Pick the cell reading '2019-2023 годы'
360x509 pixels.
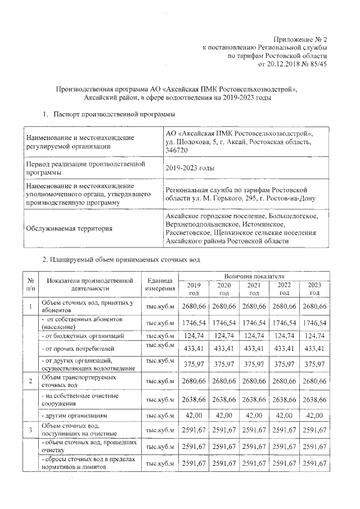(x=190, y=168)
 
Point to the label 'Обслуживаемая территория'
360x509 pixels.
(x=66, y=228)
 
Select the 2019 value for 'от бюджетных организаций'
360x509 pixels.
(x=193, y=335)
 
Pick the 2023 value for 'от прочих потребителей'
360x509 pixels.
(x=314, y=349)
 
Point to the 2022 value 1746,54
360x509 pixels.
(x=284, y=323)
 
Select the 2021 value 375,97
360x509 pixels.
(x=254, y=364)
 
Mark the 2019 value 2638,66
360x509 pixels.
(x=193, y=399)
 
